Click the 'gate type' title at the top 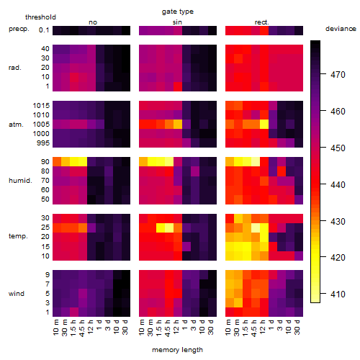click(178, 12)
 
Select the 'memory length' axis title click(177, 350)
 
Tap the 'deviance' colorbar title click(341, 29)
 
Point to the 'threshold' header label click(40, 17)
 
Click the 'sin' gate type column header click(177, 22)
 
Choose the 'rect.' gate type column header click(261, 22)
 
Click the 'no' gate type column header click(93, 22)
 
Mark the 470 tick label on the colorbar click(338, 75)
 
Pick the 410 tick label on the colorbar click(338, 294)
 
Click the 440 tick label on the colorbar click(338, 185)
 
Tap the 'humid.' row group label click(20, 181)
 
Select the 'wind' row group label click(17, 294)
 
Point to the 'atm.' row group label click(16, 125)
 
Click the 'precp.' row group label click(19, 29)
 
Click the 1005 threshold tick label click(41, 125)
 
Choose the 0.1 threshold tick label click(44, 30)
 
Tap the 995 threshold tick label click(43, 143)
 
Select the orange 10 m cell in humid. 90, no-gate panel click(57, 161)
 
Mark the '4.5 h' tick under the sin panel click(168, 328)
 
